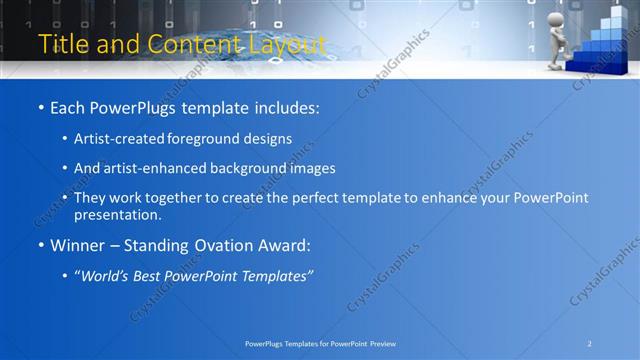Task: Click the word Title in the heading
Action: (x=60, y=44)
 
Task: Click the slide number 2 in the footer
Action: (x=589, y=343)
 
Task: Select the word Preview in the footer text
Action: (x=380, y=343)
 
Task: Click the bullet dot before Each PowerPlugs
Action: (x=40, y=108)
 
